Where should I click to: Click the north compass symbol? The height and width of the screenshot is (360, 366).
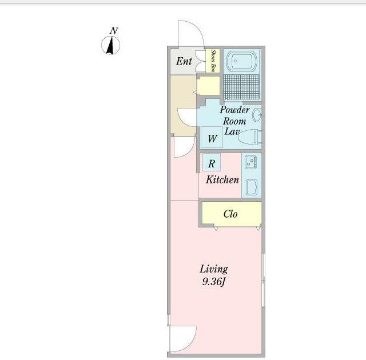(110, 45)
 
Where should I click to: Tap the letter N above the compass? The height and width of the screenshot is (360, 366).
(114, 30)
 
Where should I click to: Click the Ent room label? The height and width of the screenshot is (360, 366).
(184, 61)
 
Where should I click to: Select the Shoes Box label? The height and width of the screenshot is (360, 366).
(213, 61)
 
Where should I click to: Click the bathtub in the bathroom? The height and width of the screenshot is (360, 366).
(241, 61)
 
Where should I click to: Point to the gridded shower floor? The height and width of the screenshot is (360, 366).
(241, 87)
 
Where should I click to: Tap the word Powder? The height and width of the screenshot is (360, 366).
(234, 110)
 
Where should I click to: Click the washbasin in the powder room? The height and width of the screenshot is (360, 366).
(257, 115)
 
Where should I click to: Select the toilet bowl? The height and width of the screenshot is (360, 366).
(249, 138)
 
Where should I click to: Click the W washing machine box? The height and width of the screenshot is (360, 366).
(212, 137)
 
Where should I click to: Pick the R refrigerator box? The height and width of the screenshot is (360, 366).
(212, 162)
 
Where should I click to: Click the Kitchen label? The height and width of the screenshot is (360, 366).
(222, 179)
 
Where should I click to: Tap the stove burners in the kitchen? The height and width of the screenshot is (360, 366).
(251, 162)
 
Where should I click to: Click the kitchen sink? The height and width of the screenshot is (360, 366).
(252, 187)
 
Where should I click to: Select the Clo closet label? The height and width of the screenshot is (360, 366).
(230, 214)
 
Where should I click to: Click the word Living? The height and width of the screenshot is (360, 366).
(214, 269)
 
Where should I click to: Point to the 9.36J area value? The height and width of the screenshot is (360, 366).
(213, 282)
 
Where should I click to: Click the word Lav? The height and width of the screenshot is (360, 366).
(232, 131)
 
